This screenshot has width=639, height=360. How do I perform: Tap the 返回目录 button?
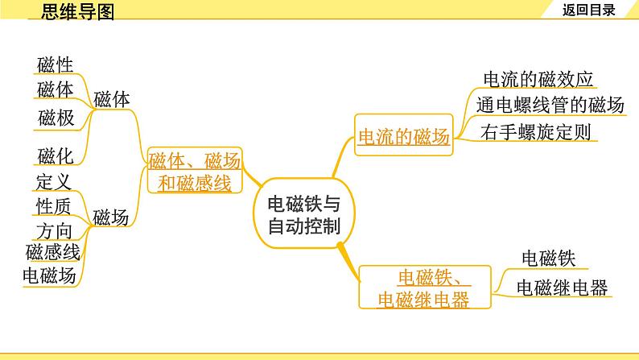tap(589, 10)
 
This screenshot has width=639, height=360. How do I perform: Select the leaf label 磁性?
tap(55, 64)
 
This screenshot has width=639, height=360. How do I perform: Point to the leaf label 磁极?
tap(55, 118)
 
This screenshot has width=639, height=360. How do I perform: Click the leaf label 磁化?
tap(55, 155)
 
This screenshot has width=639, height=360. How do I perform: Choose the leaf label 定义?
tap(55, 181)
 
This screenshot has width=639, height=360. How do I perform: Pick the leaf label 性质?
tap(55, 206)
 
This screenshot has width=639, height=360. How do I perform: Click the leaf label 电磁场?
tap(50, 275)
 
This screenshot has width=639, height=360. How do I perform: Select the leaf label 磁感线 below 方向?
tap(52, 252)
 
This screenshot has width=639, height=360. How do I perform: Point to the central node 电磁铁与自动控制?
tap(303, 214)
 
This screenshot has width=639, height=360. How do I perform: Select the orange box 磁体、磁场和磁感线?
tap(194, 172)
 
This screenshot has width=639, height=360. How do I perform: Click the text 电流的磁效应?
tap(538, 79)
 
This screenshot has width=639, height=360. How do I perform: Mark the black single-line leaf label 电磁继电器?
tap(562, 288)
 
